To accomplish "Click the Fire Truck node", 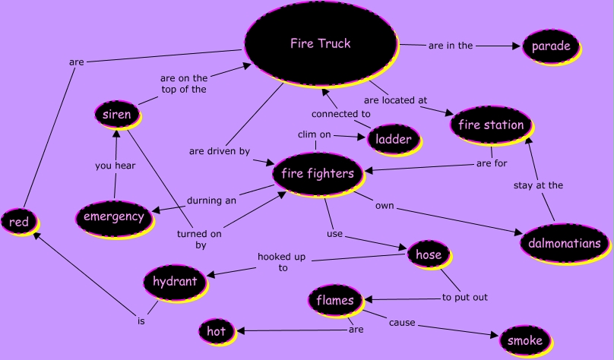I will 320,44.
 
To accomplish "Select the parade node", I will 550,46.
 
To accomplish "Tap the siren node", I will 117,115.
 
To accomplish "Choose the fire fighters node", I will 317,174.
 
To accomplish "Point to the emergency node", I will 113,216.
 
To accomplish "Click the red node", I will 15,222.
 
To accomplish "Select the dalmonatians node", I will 564,244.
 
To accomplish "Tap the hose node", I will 429,255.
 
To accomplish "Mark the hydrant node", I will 174,282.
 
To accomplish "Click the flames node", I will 335,300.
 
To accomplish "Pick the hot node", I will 216,331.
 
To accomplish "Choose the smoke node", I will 524,339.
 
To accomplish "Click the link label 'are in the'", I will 451,46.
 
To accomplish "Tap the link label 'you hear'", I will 115,166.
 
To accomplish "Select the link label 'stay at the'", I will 538,185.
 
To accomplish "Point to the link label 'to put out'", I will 464,297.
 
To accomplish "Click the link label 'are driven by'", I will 219,151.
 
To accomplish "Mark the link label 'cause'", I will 402,323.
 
